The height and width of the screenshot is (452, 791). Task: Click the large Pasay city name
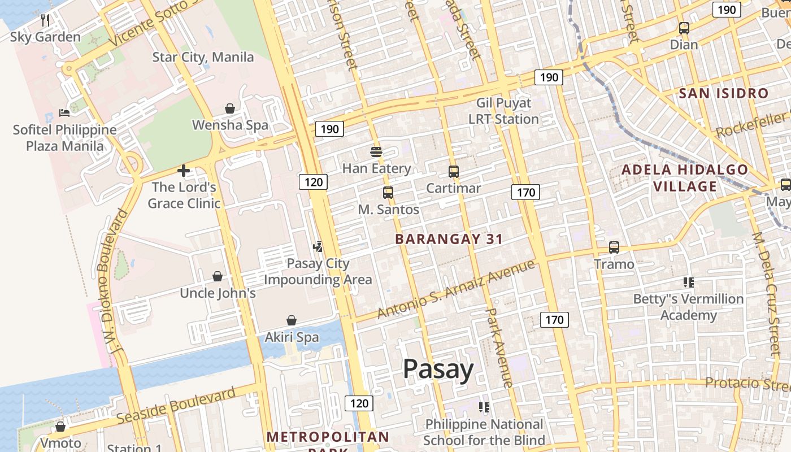pos(438,370)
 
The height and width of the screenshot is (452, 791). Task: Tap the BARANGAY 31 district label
pos(449,239)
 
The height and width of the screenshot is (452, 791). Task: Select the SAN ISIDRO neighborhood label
pos(724,93)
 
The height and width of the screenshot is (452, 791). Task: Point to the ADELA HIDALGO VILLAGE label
pos(685,178)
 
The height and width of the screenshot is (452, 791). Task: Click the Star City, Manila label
pos(203,57)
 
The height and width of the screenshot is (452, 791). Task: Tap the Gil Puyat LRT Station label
pos(503,111)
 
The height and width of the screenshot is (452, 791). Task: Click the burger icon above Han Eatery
pos(376,151)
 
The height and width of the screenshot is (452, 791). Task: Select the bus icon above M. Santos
pos(388,192)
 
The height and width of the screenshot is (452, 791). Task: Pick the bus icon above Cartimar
pos(453,171)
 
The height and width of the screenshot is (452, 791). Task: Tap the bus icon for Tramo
pos(614,247)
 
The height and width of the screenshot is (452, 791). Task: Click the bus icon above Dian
pos(684,28)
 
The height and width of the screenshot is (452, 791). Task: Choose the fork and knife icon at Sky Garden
pos(46,20)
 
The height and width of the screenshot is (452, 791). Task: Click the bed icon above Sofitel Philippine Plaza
pos(64,113)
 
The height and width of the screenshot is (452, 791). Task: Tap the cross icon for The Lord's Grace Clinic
pos(183,170)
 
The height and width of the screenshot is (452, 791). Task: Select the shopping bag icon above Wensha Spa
pos(230,108)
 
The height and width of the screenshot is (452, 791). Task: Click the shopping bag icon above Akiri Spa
pos(291,320)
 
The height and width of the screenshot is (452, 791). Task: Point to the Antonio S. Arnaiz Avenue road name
pos(455,289)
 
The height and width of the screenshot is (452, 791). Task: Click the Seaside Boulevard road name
pos(176,406)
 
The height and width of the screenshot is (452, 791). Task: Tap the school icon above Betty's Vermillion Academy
pos(688,281)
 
